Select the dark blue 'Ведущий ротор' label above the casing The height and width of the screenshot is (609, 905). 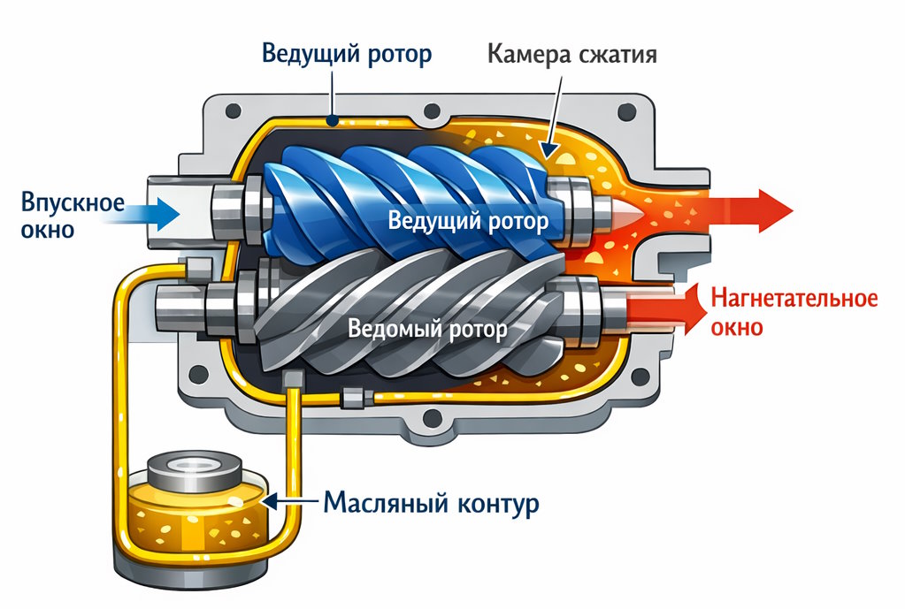[x=347, y=54]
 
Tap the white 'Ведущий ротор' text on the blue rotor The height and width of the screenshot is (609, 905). [x=468, y=220]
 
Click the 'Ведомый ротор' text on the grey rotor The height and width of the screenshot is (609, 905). [x=428, y=331]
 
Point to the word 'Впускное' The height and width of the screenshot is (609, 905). [x=73, y=202]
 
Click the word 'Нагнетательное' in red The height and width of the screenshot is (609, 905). [x=794, y=298]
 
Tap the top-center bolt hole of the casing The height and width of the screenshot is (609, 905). [x=433, y=112]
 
